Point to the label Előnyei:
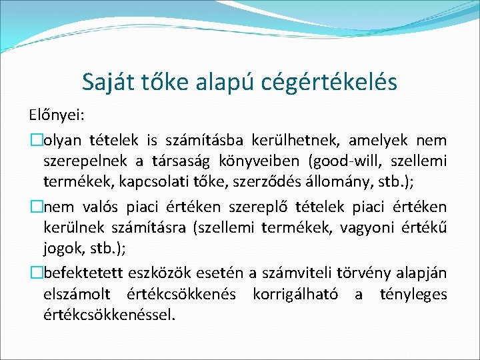pyautogui.click(x=56, y=115)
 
